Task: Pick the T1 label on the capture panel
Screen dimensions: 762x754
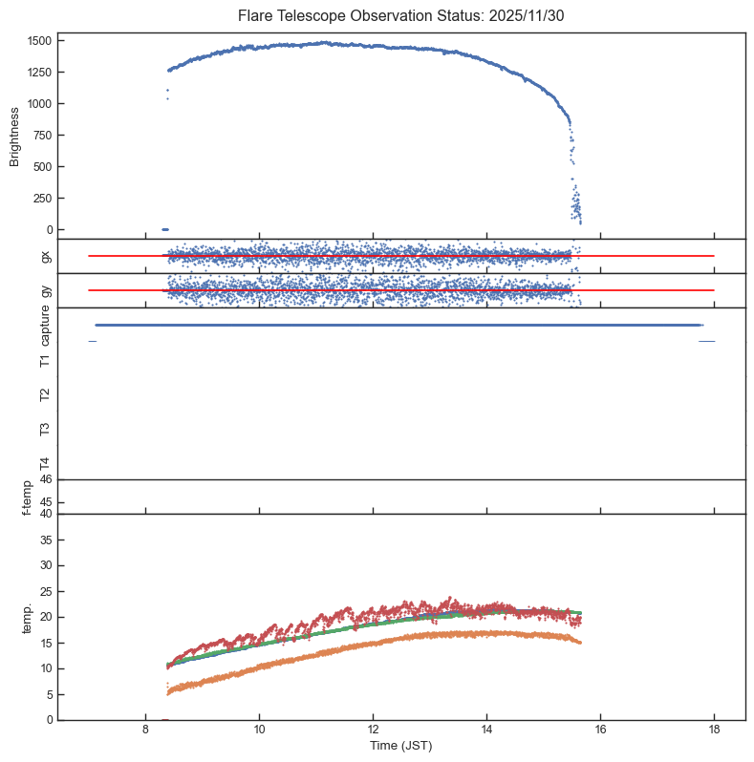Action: click(x=44, y=360)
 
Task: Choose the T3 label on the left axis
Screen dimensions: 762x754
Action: click(x=44, y=429)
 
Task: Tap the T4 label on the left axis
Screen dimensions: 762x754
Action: click(x=44, y=463)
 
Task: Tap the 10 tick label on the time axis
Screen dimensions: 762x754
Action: click(x=259, y=730)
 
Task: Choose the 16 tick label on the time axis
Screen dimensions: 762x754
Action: click(x=600, y=730)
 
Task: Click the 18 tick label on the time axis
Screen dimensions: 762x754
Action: click(x=714, y=730)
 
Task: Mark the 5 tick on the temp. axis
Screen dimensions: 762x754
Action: click(x=46, y=694)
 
